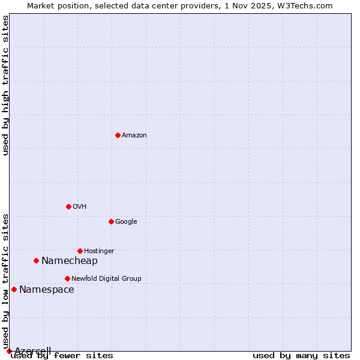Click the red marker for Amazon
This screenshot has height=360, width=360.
click(x=118, y=135)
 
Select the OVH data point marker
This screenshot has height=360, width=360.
click(x=68, y=206)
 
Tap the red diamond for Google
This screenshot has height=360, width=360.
click(x=111, y=221)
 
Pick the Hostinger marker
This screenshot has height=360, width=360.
click(x=80, y=251)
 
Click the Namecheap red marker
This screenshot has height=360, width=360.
click(x=37, y=260)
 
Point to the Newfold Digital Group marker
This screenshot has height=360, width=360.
click(x=67, y=278)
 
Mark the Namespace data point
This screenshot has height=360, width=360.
click(x=14, y=289)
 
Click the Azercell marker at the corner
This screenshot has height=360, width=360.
click(x=9, y=351)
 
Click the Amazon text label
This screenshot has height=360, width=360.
click(x=134, y=135)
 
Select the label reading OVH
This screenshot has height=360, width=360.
click(x=80, y=206)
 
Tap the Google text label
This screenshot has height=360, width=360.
click(x=126, y=221)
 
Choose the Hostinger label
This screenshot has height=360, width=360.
click(x=99, y=251)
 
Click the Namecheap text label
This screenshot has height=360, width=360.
click(x=70, y=260)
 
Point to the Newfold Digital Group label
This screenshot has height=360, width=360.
click(x=106, y=278)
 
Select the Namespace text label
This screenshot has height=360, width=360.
click(x=47, y=289)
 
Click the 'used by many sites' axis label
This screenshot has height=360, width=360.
click(x=301, y=356)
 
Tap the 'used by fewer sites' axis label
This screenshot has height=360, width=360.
click(x=62, y=356)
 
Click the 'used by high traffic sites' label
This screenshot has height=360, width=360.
click(x=5, y=85)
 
